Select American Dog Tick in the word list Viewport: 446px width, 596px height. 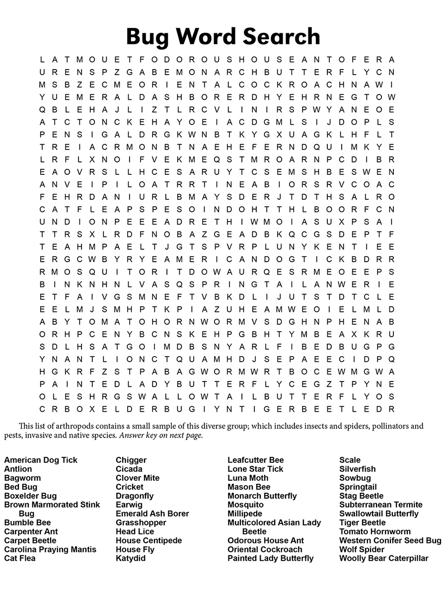41,460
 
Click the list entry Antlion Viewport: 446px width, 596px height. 18,469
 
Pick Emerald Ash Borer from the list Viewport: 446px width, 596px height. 152,514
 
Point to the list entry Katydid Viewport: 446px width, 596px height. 131,558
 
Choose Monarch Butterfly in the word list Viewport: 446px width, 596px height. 262,496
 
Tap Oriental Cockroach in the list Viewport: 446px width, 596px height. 265,549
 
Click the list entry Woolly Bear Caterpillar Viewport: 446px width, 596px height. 383,558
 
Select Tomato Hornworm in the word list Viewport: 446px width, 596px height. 375,531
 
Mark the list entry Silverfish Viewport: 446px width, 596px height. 358,469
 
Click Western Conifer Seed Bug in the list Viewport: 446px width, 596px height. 390,540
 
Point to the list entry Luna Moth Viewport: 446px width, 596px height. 248,478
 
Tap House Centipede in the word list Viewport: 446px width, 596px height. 149,540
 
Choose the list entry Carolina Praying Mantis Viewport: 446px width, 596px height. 50,549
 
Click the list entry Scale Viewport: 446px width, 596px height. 350,460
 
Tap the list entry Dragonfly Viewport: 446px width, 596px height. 135,496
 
